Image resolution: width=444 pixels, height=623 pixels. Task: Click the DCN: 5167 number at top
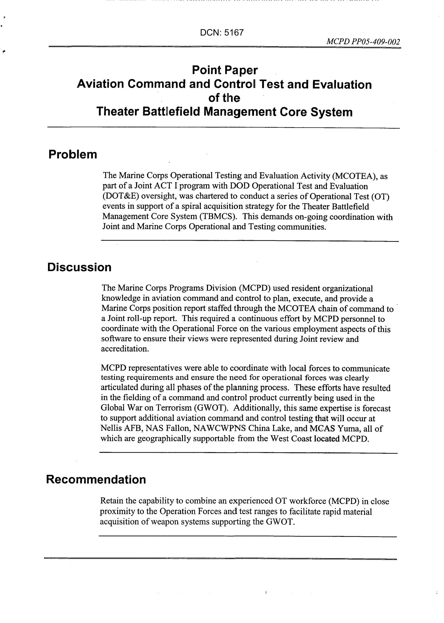pos(222,33)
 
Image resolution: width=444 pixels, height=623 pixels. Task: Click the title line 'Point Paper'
pos(225,70)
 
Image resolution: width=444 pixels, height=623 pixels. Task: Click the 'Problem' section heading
pos(73,154)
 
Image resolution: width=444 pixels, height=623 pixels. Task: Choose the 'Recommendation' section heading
pos(96,479)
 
